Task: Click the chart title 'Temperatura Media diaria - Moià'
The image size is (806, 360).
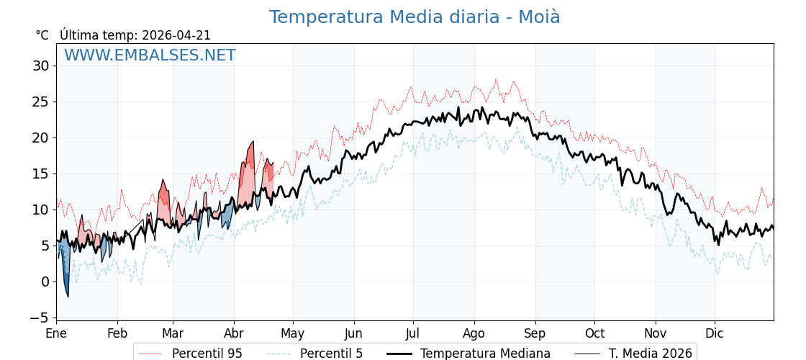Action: coord(414,17)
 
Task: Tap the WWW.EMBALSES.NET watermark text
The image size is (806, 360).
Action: coord(150,55)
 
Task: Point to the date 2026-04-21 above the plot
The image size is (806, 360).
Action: coord(176,35)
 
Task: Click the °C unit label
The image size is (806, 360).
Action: coord(42,35)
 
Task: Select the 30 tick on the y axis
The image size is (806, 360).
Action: coord(41,66)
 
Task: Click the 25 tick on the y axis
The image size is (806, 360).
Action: coord(41,102)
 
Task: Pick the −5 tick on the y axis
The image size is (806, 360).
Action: coord(39,318)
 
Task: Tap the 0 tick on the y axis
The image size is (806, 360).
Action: coord(45,282)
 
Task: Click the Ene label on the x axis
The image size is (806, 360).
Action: coord(56,333)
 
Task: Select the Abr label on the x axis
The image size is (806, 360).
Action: coord(234,333)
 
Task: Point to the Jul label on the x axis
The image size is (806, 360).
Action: coord(413,333)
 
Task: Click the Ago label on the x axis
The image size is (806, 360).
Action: coord(474,333)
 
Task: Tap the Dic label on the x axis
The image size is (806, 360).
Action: coord(715,333)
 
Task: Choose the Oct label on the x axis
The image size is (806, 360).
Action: coord(594,333)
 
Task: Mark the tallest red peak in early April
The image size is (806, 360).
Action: coord(252,146)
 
